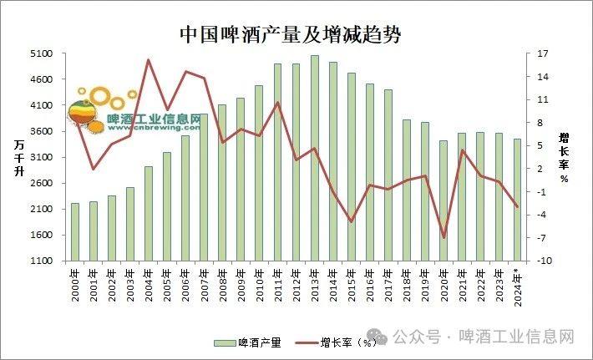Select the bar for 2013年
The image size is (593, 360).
point(314,159)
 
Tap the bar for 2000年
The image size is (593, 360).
point(75,231)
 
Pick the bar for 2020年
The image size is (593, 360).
point(443,200)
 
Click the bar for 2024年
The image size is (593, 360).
point(517,200)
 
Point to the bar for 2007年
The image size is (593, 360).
point(204,187)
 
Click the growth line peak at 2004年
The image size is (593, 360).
point(148,60)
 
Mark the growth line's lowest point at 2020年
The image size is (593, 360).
point(443,237)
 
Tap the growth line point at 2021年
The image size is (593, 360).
point(462,150)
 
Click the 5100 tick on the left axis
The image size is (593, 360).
point(42,53)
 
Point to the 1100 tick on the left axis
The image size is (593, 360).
point(42,261)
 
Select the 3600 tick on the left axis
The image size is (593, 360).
point(42,131)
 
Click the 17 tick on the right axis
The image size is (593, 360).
point(544,53)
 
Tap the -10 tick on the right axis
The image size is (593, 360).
point(544,261)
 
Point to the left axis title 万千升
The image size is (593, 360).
point(18,158)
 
